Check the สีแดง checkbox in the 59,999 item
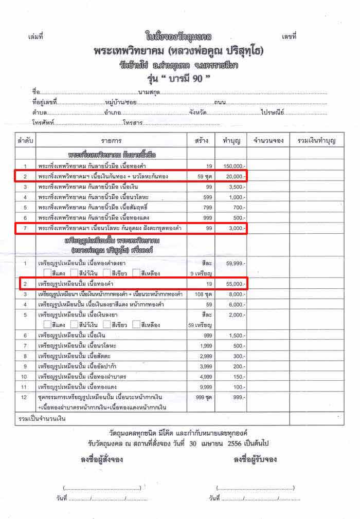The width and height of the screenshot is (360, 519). tap(48, 273)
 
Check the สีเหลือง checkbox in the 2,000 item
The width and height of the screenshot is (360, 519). tap(136, 325)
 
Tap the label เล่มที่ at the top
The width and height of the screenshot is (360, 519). tap(36, 37)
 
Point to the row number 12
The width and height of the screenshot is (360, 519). tap(24, 397)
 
